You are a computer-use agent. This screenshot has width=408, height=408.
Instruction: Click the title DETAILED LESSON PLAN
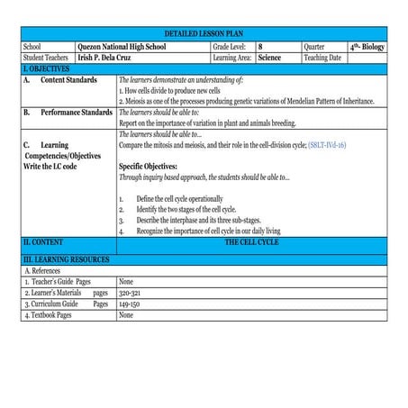[204, 32]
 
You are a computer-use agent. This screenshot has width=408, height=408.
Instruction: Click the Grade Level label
[230, 45]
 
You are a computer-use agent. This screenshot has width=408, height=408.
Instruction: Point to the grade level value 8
[261, 45]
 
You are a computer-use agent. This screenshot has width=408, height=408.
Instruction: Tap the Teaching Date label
[322, 57]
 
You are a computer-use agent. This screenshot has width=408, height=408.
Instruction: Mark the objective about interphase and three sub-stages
[195, 219]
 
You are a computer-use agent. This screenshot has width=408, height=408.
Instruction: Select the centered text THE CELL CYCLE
[251, 242]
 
